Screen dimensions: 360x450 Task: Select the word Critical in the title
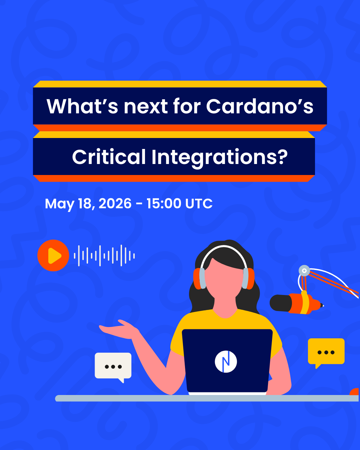pyautogui.click(x=109, y=157)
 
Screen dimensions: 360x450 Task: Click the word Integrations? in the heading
pyautogui.click(x=219, y=158)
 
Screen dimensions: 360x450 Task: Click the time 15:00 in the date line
pyautogui.click(x=164, y=203)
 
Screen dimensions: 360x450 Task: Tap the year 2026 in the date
pyautogui.click(x=115, y=203)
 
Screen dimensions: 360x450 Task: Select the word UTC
pyautogui.click(x=199, y=203)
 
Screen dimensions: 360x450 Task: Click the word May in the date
pyautogui.click(x=59, y=204)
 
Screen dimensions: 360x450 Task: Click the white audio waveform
pyautogui.click(x=104, y=256)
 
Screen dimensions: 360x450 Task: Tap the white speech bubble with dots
pyautogui.click(x=113, y=367)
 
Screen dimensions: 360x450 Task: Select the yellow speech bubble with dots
pyautogui.click(x=326, y=353)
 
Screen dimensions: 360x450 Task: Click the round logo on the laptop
pyautogui.click(x=226, y=362)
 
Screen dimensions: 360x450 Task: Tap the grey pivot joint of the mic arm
pyautogui.click(x=304, y=271)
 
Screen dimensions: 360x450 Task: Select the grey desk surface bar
pyautogui.click(x=207, y=398)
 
